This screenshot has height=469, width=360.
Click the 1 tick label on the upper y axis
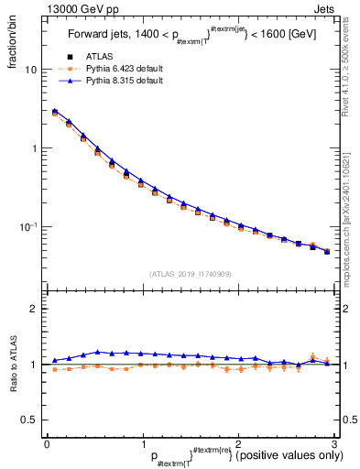[x=34, y=148]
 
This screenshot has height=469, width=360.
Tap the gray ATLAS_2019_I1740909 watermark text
[x=188, y=274]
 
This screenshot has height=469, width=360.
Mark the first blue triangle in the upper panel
[x=55, y=111]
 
